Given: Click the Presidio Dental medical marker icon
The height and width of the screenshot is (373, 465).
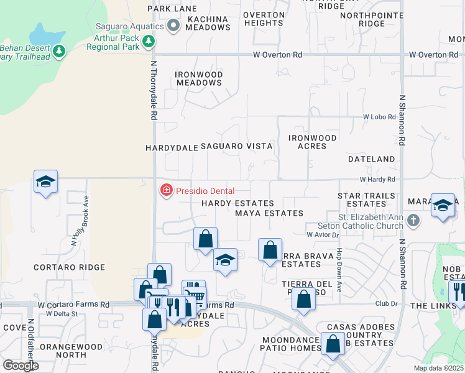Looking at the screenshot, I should tap(166, 190).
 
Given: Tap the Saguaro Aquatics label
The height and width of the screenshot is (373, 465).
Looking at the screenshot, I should tap(129, 26).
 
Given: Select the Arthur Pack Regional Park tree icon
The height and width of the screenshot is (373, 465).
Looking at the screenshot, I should tap(148, 42).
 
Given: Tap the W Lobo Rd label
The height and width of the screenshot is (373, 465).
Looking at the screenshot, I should tap(379, 117).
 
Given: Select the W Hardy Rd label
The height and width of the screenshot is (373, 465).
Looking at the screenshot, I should tap(381, 180).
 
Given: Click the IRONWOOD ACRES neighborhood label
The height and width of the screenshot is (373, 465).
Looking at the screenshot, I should tap(313, 142).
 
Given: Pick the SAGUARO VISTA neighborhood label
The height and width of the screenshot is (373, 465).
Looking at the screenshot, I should tap(236, 146).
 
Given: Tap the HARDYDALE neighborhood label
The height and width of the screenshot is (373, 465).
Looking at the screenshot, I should tap(171, 149).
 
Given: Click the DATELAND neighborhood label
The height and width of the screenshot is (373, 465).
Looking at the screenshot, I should tap(372, 160).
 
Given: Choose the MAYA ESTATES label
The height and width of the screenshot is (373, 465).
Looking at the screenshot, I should tap(269, 213).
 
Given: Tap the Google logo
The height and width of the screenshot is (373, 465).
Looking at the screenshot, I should tap(21, 366).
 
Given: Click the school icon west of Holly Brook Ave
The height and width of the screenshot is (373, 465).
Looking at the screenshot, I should tap(45, 182).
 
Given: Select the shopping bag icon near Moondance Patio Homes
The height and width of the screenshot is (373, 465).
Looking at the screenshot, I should tap(333, 344).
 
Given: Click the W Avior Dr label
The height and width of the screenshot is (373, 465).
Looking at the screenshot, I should tap(322, 234).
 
